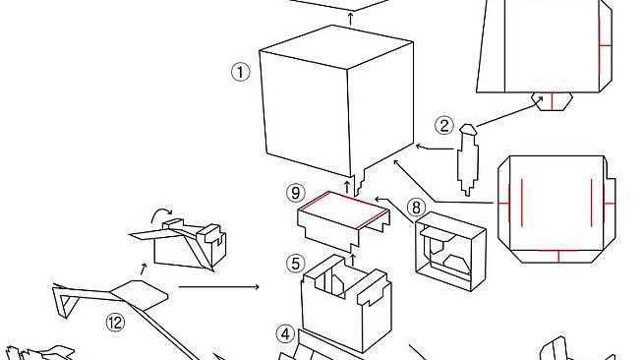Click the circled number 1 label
click(x=241, y=72)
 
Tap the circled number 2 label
click(x=444, y=125)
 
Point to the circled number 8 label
click(x=416, y=207)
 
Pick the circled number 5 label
click(x=295, y=263)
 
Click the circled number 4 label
click(x=284, y=333)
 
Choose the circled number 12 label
click(x=116, y=322)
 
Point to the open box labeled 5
click(x=344, y=305)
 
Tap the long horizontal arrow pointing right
click(x=218, y=287)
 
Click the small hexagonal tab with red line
click(x=552, y=100)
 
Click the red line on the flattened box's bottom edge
click(x=557, y=257)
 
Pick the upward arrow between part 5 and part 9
click(x=351, y=258)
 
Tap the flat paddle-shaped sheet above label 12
click(x=139, y=292)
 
